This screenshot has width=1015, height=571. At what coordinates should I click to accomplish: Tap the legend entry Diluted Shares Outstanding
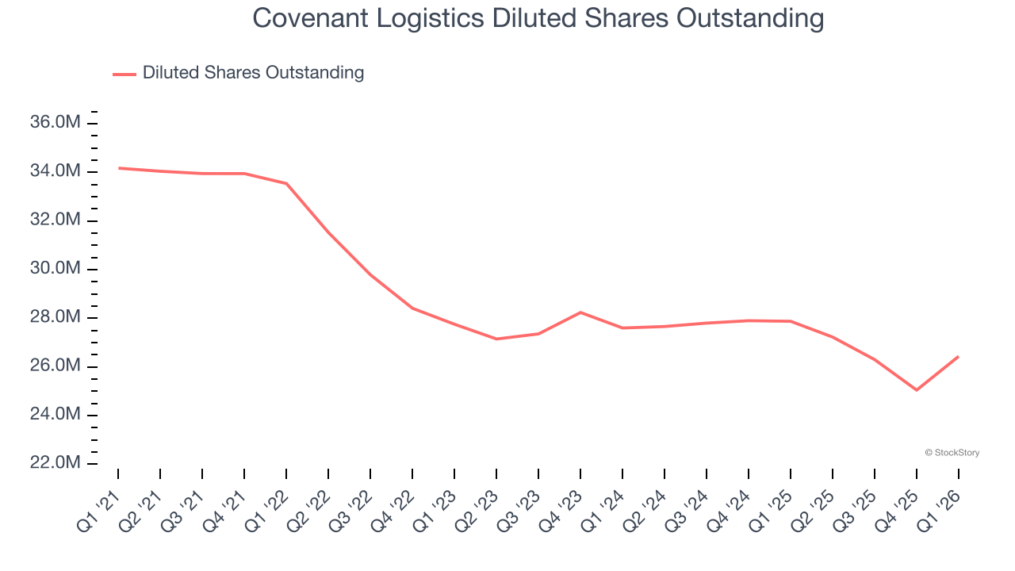point(253,73)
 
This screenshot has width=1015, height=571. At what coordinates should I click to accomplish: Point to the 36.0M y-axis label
point(56,123)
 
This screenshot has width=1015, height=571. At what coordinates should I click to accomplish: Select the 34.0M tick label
point(56,171)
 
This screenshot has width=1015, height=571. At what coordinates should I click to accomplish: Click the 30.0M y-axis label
point(56,269)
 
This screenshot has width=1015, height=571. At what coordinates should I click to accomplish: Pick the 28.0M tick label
point(56,317)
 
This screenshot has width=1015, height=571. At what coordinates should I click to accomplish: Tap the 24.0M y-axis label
point(56,415)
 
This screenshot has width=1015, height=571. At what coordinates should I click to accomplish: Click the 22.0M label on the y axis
point(56,463)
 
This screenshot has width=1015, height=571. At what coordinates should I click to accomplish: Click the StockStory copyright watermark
point(952,453)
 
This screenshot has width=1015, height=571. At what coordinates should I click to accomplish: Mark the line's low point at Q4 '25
point(917,390)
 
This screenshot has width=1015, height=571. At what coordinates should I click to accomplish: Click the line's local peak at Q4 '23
point(580,312)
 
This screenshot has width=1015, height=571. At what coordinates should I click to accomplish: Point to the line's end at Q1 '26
point(958,357)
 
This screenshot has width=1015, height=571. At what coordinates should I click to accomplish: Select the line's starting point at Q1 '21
point(119,168)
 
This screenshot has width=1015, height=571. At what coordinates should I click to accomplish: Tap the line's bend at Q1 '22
point(286,184)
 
